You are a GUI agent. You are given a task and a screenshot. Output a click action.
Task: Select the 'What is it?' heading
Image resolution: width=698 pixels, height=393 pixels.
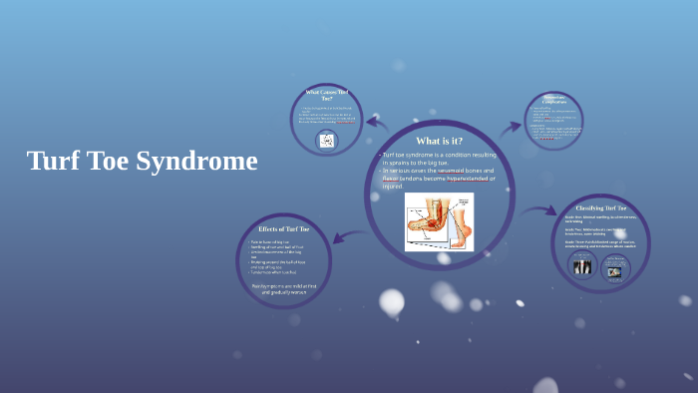tap(439, 141)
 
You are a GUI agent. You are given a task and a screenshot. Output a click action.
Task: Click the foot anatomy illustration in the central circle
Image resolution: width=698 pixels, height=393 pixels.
tap(439, 221)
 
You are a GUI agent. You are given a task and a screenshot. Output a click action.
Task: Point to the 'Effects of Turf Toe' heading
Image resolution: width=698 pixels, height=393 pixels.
tap(283, 228)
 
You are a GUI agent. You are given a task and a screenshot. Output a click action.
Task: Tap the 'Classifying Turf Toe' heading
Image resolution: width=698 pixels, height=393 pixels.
tap(601, 207)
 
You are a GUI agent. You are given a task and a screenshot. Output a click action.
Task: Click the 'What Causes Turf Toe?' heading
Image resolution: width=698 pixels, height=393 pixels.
tap(326, 96)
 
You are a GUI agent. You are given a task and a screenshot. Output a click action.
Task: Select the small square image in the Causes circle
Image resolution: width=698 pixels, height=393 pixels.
tap(326, 141)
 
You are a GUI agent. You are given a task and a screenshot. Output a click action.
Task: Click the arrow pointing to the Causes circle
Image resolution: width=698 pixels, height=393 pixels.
tap(377, 124)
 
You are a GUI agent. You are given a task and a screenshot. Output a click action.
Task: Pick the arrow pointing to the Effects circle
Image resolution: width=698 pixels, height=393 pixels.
tap(347, 236)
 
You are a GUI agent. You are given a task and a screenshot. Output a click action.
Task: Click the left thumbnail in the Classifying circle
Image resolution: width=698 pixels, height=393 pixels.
tap(581, 266)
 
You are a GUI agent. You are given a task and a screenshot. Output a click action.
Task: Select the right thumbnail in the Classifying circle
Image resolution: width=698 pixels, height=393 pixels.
tap(613, 269)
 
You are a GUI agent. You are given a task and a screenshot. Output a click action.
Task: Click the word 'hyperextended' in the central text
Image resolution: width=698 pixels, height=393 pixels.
tap(458, 179)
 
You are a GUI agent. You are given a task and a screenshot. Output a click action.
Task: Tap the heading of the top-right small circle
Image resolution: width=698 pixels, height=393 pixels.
tap(554, 99)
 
